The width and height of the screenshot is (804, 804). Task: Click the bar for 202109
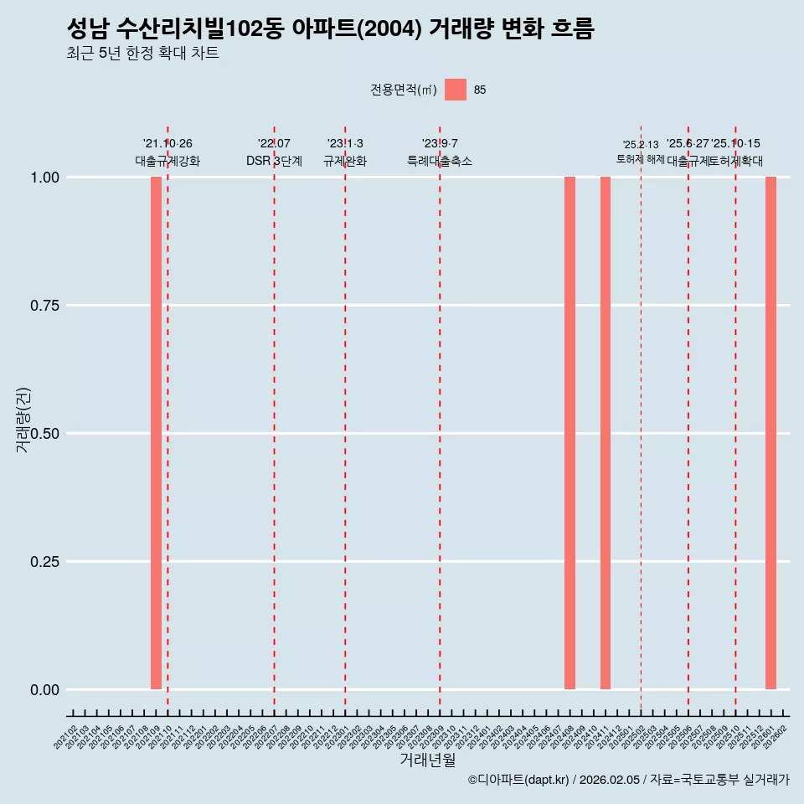click(x=156, y=433)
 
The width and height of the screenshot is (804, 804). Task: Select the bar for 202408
click(x=569, y=433)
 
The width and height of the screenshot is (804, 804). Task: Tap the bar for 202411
click(x=606, y=433)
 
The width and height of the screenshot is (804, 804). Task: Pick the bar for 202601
click(x=770, y=433)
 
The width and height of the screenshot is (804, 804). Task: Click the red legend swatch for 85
click(x=455, y=90)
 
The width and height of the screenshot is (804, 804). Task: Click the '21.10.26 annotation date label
click(x=167, y=144)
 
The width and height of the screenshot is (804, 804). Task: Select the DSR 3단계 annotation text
click(x=274, y=161)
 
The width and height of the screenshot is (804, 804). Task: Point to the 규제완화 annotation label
click(x=345, y=161)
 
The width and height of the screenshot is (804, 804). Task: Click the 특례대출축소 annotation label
click(x=440, y=161)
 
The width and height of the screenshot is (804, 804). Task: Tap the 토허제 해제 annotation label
click(x=641, y=158)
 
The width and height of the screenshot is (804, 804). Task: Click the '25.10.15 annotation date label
click(x=736, y=144)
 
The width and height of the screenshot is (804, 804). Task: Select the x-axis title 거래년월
click(x=427, y=760)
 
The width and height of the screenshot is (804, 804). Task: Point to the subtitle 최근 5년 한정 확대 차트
click(x=142, y=54)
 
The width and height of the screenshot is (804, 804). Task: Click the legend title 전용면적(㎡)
click(x=404, y=90)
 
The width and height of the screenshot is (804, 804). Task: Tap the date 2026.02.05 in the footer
click(x=609, y=781)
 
